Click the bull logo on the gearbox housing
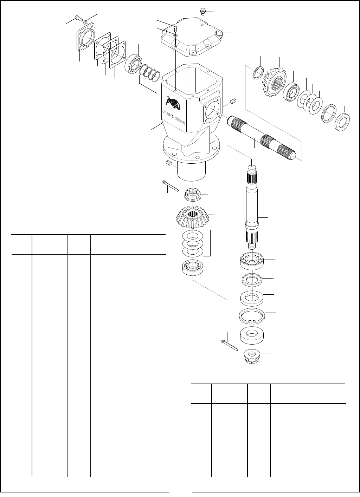pos(173,104)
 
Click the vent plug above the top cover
pos(203,11)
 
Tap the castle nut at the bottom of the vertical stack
pos(252,356)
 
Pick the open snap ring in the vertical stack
pos(252,314)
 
